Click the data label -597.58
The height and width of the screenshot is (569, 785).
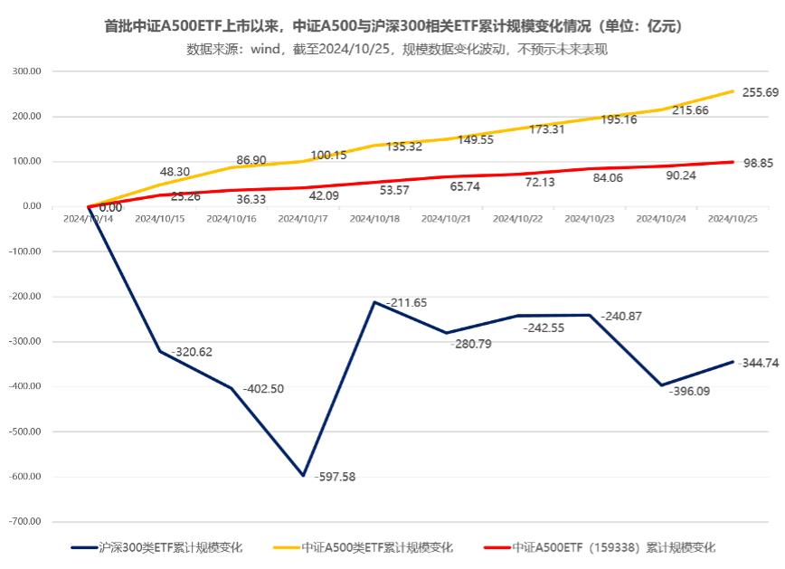click(335, 477)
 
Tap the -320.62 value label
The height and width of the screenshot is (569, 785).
click(192, 352)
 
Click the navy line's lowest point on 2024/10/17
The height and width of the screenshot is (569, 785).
click(303, 475)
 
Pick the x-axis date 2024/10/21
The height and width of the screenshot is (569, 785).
click(446, 219)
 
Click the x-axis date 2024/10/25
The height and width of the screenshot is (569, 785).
click(733, 219)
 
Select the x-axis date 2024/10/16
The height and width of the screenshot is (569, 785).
click(232, 219)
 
